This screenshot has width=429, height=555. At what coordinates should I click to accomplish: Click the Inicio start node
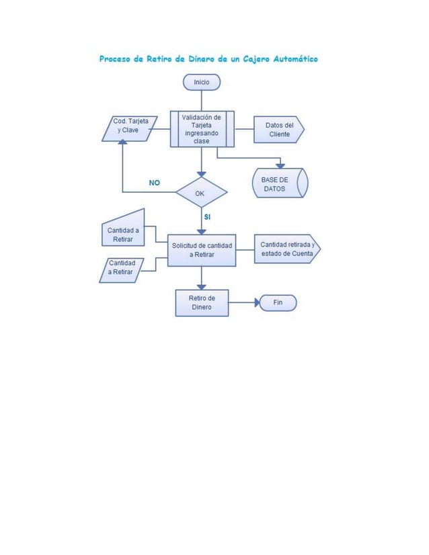(x=201, y=81)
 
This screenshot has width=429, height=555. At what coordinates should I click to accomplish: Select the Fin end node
(x=278, y=303)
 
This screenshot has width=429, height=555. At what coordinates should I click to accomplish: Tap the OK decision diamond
(x=200, y=193)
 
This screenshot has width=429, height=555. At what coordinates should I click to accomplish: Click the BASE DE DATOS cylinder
(x=279, y=183)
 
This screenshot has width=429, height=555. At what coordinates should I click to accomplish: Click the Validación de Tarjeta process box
(x=201, y=128)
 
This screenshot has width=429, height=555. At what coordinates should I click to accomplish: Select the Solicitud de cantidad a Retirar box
(x=202, y=250)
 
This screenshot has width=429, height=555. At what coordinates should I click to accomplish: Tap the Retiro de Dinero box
(x=202, y=302)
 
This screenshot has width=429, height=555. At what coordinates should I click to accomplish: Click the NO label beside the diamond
(x=154, y=183)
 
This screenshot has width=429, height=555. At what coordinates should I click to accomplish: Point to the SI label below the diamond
(x=207, y=217)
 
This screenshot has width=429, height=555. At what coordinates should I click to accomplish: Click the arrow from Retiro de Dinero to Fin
(x=243, y=303)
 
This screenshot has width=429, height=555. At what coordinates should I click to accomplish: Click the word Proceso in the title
(x=115, y=59)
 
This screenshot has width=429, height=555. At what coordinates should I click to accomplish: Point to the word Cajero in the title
(x=249, y=59)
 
